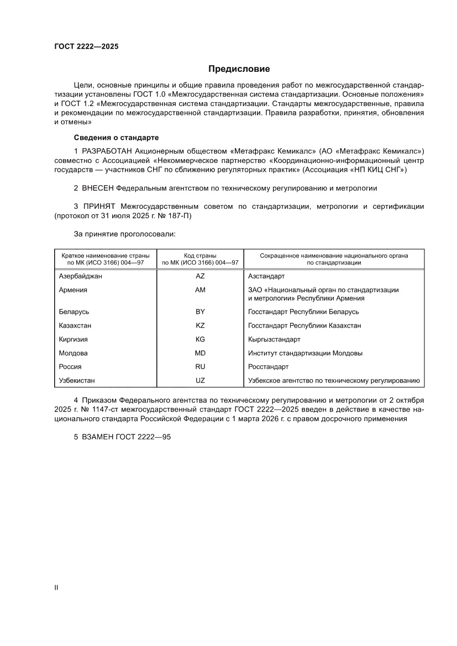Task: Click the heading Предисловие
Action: pyautogui.click(x=239, y=69)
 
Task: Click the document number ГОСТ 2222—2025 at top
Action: pyautogui.click(x=86, y=46)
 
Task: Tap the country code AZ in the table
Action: pyautogui.click(x=200, y=276)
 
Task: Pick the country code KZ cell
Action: pyautogui.click(x=200, y=325)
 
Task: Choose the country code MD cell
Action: pyautogui.click(x=200, y=353)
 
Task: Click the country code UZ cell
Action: pyautogui.click(x=200, y=380)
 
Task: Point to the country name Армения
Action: pyautogui.click(x=73, y=290)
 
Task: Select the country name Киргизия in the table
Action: pyautogui.click(x=73, y=339)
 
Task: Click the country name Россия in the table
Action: pyautogui.click(x=70, y=366)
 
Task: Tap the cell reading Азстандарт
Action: pyautogui.click(x=266, y=276)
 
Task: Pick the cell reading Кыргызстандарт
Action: pyautogui.click(x=274, y=339)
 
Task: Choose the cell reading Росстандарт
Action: pyautogui.click(x=269, y=366)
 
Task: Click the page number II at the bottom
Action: pyautogui.click(x=56, y=587)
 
